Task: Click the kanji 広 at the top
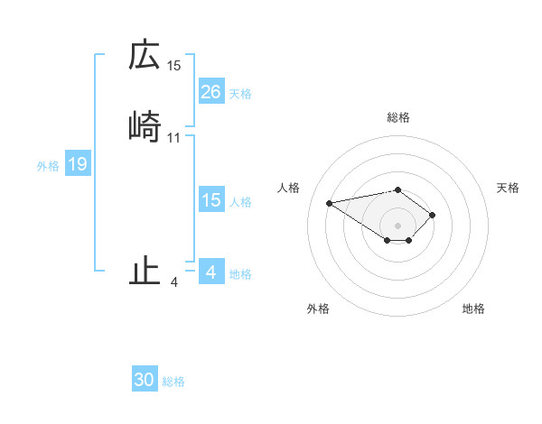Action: click(x=145, y=56)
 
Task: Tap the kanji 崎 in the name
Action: click(x=145, y=128)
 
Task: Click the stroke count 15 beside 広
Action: click(x=174, y=66)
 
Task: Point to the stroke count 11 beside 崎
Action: click(x=174, y=138)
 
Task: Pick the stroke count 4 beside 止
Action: click(x=174, y=282)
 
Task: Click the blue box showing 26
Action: click(x=210, y=92)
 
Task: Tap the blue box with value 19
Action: click(x=77, y=164)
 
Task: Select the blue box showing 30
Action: click(x=145, y=381)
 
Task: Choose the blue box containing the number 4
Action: click(x=210, y=272)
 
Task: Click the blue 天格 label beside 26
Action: click(x=240, y=94)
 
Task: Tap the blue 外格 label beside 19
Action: click(x=48, y=166)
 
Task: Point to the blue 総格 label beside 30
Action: click(x=173, y=383)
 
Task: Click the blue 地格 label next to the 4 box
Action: click(x=240, y=274)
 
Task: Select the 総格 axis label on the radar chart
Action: click(x=397, y=117)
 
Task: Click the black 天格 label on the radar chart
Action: click(x=508, y=188)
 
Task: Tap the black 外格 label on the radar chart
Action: click(x=318, y=309)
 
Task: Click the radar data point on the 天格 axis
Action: click(x=433, y=215)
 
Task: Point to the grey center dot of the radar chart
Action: click(x=397, y=226)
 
